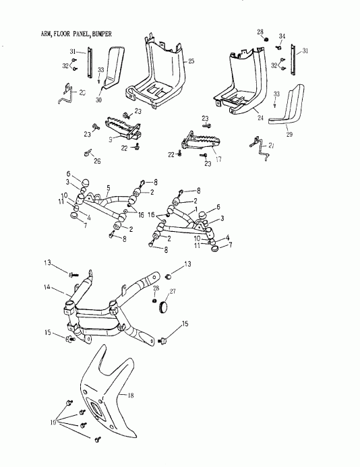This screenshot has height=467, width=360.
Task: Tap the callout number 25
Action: [191, 61]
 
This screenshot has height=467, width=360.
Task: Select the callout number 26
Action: [97, 162]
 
